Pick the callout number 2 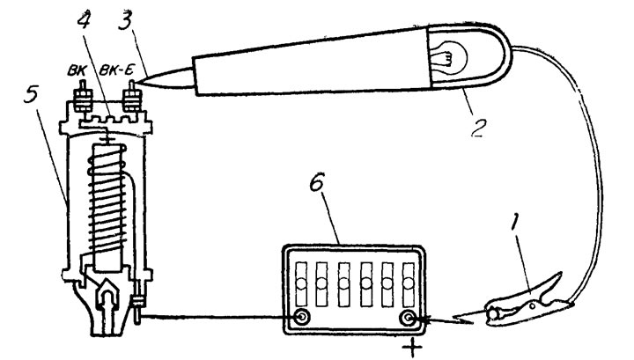tap(478, 127)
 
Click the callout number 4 tap(84, 20)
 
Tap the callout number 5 tap(31, 94)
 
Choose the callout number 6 tap(317, 183)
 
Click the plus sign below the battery tap(412, 347)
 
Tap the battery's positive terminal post tap(409, 319)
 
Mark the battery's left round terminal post tap(301, 317)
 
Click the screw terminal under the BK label tap(84, 97)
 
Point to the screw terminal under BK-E tap(132, 97)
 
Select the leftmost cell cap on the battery tap(301, 283)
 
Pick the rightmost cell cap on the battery tap(409, 283)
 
